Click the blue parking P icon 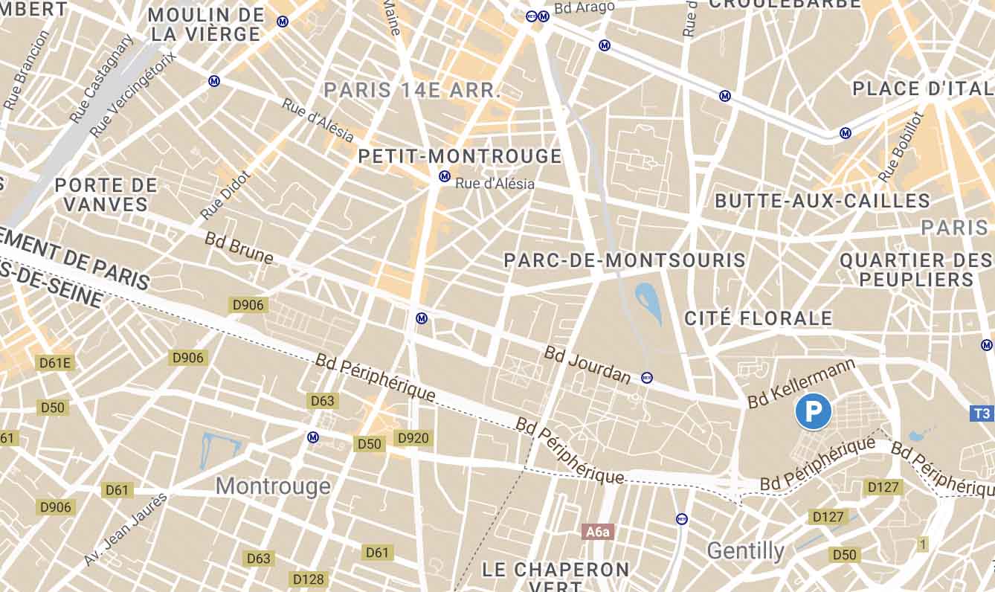click(x=813, y=411)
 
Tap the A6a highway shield click(x=597, y=532)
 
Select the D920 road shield click(x=413, y=438)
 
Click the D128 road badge click(x=309, y=579)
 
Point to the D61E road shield click(x=56, y=363)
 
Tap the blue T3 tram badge click(x=982, y=413)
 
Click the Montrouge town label click(x=273, y=486)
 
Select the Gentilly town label click(x=745, y=551)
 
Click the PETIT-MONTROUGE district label click(x=460, y=156)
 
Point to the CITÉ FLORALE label click(x=758, y=318)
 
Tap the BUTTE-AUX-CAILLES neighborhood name click(x=822, y=201)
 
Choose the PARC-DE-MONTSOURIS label click(x=625, y=260)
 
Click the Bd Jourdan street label click(x=587, y=365)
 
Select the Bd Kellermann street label click(x=802, y=383)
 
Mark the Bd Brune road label click(x=239, y=248)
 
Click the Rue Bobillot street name click(x=900, y=147)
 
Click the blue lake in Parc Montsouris click(x=648, y=303)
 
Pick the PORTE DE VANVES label click(x=106, y=195)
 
